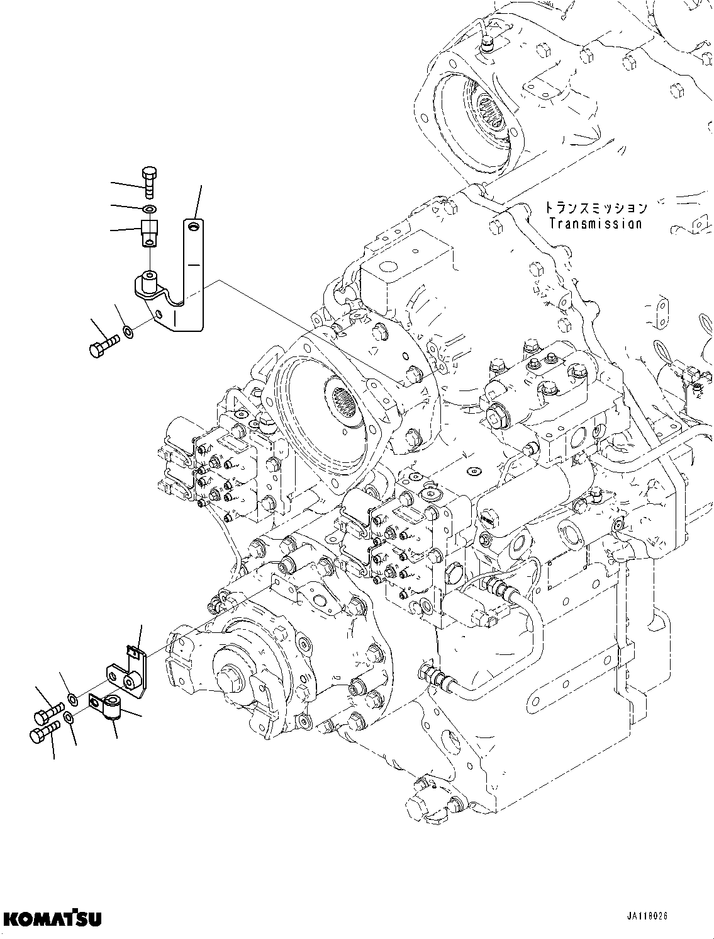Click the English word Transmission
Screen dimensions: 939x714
pyautogui.click(x=594, y=223)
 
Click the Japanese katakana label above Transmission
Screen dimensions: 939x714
pyautogui.click(x=594, y=207)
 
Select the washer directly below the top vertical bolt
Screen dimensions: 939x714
pyautogui.click(x=149, y=209)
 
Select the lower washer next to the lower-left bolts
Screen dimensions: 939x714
pyautogui.click(x=70, y=718)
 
